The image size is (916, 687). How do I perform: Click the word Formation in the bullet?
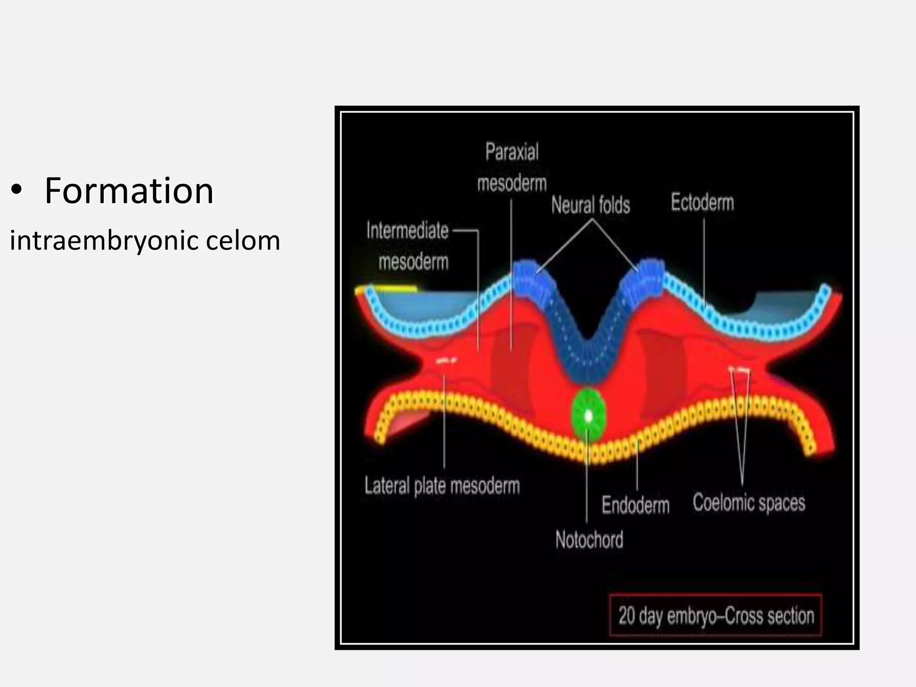coord(129,191)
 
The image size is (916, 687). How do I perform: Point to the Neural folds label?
coord(590,205)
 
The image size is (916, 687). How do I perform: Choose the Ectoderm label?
coord(702,203)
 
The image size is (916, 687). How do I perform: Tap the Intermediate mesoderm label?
coord(408,246)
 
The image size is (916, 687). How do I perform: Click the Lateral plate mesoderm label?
coord(442,486)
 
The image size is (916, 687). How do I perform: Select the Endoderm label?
coord(636,505)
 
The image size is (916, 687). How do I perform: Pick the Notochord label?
coord(589,540)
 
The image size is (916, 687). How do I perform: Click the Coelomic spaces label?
coord(749,503)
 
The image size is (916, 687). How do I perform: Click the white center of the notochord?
coord(589,416)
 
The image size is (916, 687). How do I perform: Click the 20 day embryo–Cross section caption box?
coord(716,615)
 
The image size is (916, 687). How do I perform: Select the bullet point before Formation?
coord(17,191)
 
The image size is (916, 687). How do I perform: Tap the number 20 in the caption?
coord(627,615)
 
